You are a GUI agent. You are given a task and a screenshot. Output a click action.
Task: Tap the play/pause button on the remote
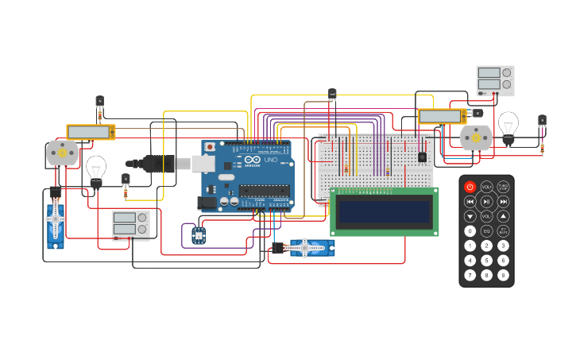point(486,202)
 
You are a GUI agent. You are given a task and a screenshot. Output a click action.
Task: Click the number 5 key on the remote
point(486,260)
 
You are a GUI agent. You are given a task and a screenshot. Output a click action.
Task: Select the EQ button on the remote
point(486,230)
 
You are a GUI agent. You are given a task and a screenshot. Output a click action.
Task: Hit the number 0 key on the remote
point(470,230)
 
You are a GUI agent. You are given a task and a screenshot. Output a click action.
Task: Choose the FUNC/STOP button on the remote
point(503,187)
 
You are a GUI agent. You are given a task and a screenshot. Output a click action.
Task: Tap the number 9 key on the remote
point(503,275)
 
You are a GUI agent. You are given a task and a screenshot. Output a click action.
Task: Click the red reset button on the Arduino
point(210,147)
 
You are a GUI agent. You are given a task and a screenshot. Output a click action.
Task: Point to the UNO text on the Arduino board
point(270,160)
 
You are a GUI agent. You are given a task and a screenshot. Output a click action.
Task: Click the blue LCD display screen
point(384,211)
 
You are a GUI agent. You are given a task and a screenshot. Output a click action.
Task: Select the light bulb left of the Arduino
point(96,169)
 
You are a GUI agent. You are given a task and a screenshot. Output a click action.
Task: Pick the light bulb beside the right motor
point(508,125)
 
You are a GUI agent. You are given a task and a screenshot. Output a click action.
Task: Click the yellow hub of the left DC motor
point(61,152)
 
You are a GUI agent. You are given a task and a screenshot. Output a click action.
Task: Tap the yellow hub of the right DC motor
point(475,137)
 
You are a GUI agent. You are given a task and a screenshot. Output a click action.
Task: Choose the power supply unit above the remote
point(495,80)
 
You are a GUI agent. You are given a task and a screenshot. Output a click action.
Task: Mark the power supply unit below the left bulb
point(130,225)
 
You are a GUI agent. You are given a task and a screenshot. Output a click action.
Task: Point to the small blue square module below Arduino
point(199,235)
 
